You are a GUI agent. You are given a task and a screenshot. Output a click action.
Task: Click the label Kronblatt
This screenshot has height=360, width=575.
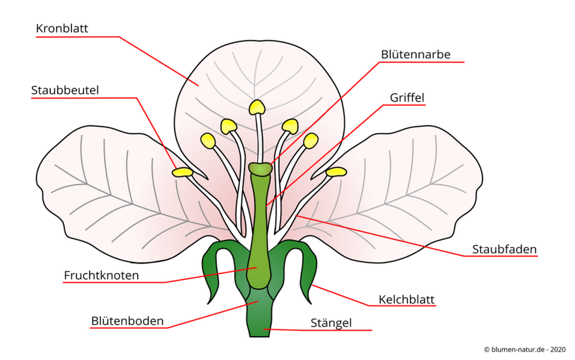[62, 28]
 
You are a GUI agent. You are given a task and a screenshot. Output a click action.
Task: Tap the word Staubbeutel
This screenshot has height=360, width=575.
[65, 90]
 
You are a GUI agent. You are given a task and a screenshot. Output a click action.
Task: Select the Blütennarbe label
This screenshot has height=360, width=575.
[416, 54]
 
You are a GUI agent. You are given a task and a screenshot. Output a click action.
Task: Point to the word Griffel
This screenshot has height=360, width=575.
[407, 97]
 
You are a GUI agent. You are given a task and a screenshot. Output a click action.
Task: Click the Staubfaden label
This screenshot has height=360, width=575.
[504, 249]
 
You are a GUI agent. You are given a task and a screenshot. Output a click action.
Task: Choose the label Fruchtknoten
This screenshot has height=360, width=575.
[101, 275]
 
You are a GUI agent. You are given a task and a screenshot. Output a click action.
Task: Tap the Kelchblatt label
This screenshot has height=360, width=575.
[406, 299]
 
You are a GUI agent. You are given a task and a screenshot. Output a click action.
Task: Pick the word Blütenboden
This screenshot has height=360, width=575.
[127, 321]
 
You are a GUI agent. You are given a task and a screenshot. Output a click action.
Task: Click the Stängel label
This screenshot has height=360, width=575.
[331, 323]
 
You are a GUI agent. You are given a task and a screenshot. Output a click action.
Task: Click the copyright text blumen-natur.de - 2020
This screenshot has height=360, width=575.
[525, 350]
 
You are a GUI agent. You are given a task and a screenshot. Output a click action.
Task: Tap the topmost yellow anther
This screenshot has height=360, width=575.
[257, 107]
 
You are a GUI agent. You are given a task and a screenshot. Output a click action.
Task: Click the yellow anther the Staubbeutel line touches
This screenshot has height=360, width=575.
[183, 172]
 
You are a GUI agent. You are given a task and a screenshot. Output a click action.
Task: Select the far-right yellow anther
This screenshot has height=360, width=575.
[336, 172]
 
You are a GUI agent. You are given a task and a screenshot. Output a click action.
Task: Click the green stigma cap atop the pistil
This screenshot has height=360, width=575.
[260, 169]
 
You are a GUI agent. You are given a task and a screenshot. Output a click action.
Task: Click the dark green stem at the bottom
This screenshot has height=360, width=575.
[260, 316]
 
